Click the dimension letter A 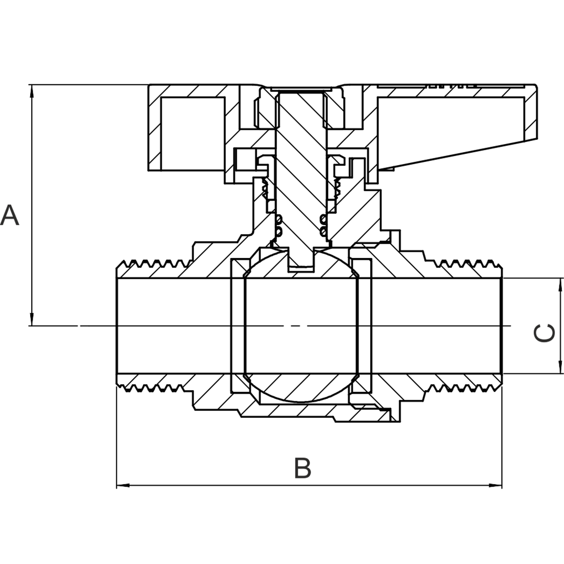(10, 215)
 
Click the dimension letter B (303, 468)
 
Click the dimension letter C (544, 333)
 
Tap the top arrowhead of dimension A (32, 91)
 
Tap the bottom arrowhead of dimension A (32, 319)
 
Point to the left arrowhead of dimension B (123, 486)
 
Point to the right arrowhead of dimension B (495, 486)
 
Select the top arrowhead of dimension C (560, 285)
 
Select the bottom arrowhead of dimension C (560, 367)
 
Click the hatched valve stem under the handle (301, 169)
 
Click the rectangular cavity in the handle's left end (192, 133)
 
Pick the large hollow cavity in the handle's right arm (450, 130)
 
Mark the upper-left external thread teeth (153, 264)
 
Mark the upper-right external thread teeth (464, 264)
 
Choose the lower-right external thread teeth (464, 388)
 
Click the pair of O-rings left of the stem (278, 225)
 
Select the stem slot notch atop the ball (301, 259)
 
